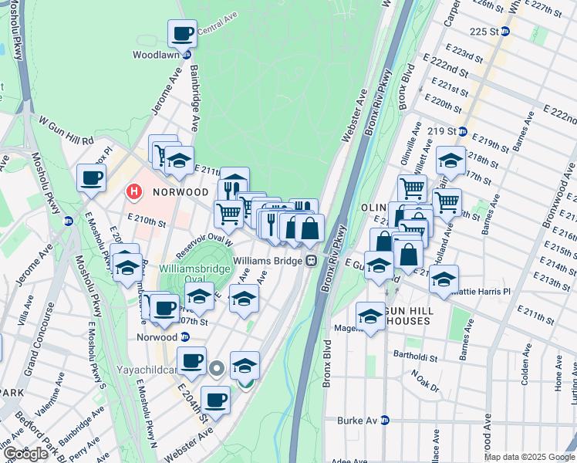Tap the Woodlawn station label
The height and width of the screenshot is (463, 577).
coord(157,56)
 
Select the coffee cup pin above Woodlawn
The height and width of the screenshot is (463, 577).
coord(182,34)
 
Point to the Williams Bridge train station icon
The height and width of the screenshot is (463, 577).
coord(311,261)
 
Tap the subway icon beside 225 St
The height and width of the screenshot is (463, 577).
coord(505,32)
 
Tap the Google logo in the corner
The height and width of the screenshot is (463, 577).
coord(25,454)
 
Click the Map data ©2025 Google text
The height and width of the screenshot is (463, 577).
coord(529,457)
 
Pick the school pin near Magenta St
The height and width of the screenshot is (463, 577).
coord(371,316)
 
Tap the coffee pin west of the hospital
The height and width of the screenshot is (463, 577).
coord(91,178)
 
